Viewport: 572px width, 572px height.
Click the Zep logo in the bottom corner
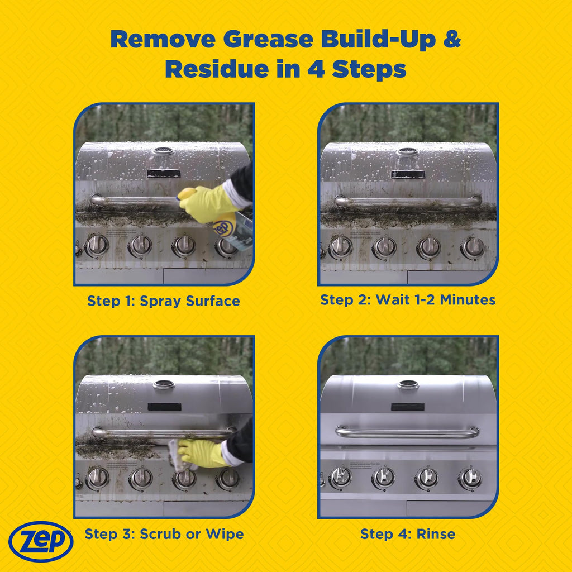point(41,542)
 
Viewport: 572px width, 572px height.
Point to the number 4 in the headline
point(316,69)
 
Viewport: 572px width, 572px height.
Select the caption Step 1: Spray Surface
point(164,301)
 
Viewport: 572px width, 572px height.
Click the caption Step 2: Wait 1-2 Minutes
point(408,300)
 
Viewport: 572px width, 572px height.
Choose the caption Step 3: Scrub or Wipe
point(164,534)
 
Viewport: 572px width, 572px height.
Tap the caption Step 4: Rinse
point(408,534)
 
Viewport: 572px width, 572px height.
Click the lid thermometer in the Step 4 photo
point(408,384)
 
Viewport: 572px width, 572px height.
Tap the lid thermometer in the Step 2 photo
point(407,151)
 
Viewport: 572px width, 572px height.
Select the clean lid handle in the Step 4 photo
point(407,433)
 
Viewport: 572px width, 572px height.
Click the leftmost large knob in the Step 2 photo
point(341,246)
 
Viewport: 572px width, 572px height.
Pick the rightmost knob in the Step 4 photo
point(470,478)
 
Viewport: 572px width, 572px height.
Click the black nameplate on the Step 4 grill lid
point(407,407)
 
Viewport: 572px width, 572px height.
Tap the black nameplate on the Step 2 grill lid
point(408,174)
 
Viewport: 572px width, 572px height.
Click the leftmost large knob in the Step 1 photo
point(97,245)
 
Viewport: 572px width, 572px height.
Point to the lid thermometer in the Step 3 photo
point(164,384)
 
